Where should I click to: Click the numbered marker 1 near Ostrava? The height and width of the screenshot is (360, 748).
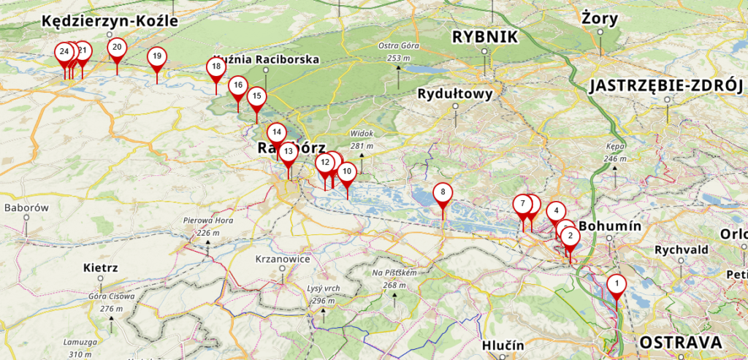coord(617,284)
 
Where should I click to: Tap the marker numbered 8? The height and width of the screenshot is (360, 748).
coord(443,193)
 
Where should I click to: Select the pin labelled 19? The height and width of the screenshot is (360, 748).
coord(156,57)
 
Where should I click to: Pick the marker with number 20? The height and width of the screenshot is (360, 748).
coord(117,48)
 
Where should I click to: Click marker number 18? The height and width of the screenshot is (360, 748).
coord(215,67)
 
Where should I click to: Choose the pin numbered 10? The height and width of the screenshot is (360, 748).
coord(347,172)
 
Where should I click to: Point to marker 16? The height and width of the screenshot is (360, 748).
coord(237,85)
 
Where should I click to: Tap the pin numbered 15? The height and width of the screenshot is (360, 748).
coord(256,96)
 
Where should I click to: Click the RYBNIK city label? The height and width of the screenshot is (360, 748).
coord(484,37)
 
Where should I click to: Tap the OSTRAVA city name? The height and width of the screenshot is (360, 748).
coord(681,342)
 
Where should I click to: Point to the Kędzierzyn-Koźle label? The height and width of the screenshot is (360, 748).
coord(110,21)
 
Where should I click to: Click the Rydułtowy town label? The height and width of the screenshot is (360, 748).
coord(454,93)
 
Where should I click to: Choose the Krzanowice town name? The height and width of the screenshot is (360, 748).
coord(283,259)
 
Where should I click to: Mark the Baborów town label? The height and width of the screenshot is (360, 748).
coord(26,208)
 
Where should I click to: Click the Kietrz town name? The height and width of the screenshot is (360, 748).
coord(101,267)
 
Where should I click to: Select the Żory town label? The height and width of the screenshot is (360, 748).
coord(600,16)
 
